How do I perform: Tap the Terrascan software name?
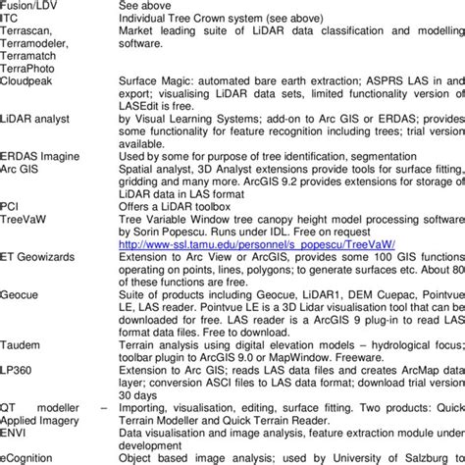tap(26, 31)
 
